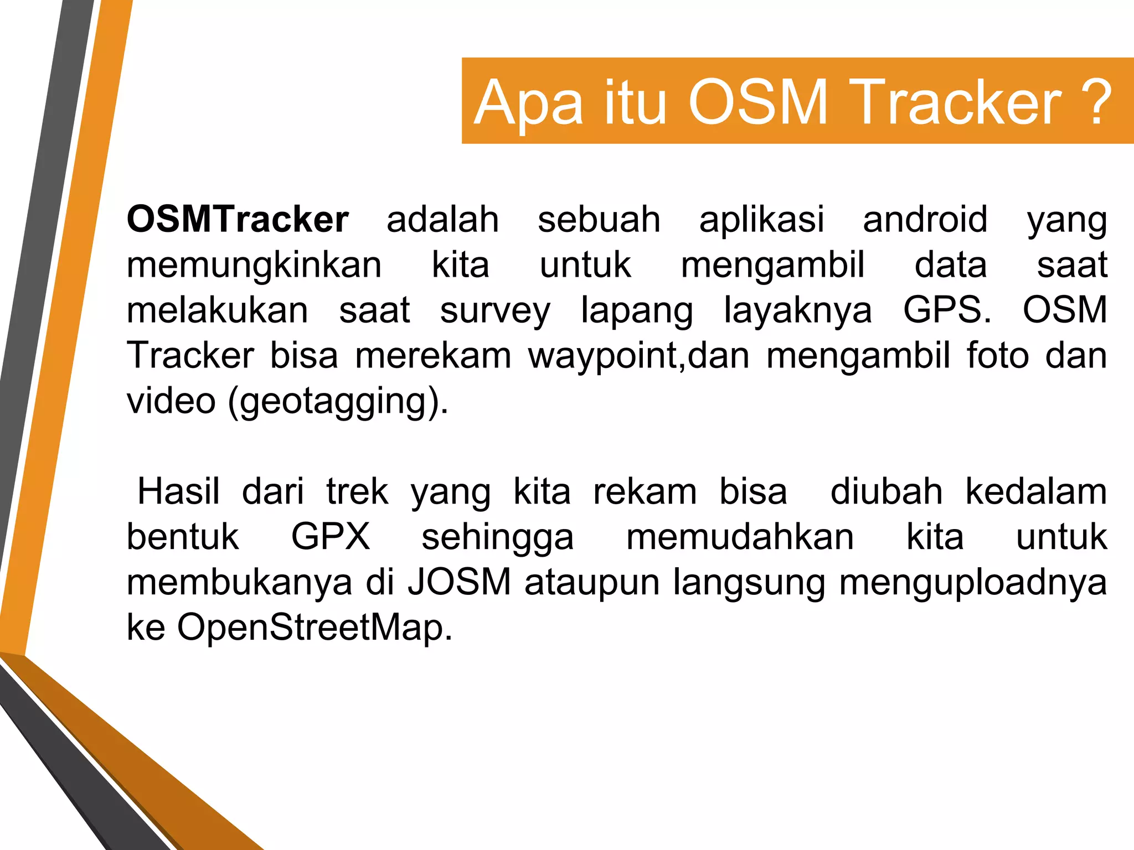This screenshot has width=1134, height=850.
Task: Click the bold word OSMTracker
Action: (x=238, y=220)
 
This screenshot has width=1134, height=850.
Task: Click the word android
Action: (x=925, y=220)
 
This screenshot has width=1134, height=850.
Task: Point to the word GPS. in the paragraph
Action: (x=947, y=310)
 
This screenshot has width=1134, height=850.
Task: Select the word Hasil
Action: (x=178, y=491)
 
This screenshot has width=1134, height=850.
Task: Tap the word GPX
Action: (x=331, y=537)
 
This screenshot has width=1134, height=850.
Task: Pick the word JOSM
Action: (x=460, y=582)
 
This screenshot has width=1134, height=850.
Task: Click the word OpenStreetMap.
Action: (x=315, y=628)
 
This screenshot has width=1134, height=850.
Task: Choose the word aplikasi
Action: (x=762, y=220)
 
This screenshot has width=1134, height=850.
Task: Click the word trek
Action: (x=357, y=491)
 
